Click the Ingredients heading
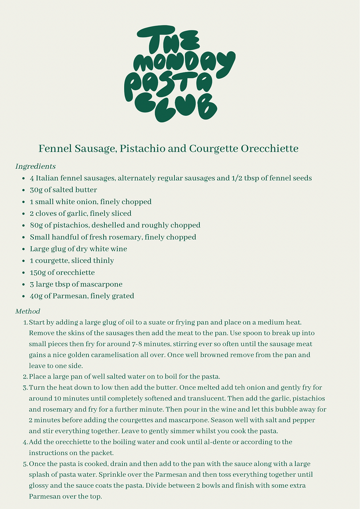[35, 166]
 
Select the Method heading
[28, 311]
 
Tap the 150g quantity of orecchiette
[38, 273]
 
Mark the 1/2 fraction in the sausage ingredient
[235, 178]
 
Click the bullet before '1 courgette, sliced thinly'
[24, 261]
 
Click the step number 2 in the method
[25, 377]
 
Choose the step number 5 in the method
[25, 464]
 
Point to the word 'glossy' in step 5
[39, 485]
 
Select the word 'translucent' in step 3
[204, 398]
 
